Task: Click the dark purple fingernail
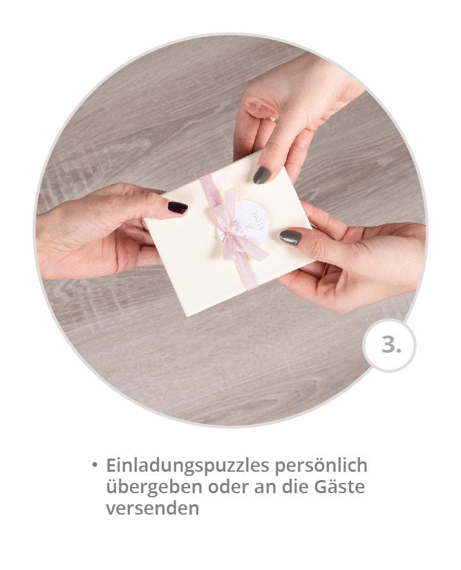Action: coord(178,207)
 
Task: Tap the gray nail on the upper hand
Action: coord(262,175)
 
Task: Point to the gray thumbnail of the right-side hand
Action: coord(290,237)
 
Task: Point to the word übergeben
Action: coord(144,486)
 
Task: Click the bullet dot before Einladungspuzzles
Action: coord(94,464)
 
